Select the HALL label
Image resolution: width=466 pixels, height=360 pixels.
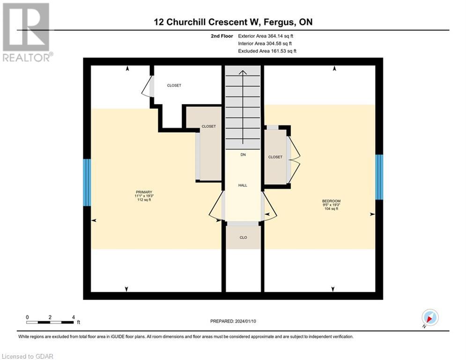click(243, 185)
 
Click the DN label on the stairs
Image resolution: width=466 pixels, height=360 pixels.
click(243, 155)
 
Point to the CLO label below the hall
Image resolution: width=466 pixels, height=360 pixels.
click(243, 238)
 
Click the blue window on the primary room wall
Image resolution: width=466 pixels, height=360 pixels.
click(87, 182)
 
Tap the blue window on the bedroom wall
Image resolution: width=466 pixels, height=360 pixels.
click(379, 177)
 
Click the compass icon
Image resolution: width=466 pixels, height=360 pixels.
click(429, 318)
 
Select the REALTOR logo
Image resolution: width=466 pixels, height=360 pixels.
click(27, 32)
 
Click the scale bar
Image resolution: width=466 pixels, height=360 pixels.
click(50, 322)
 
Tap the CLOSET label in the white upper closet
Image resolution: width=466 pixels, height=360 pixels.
click(174, 85)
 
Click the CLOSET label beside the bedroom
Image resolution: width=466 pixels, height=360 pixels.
click(275, 157)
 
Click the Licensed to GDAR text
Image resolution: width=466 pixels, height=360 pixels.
click(27, 356)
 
